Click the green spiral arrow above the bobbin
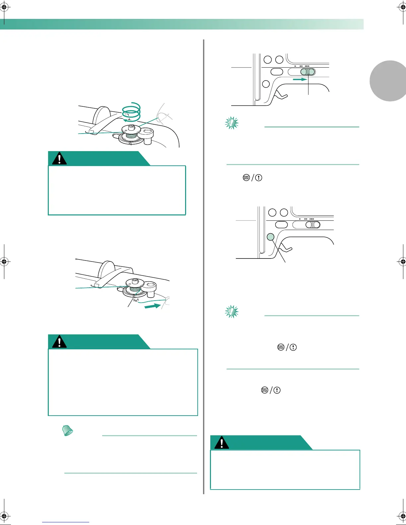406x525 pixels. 132,112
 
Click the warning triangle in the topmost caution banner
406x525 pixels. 59,159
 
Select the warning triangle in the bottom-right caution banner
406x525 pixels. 222,442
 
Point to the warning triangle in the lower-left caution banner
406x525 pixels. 59,342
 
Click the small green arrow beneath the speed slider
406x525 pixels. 300,80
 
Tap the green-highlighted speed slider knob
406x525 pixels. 308,72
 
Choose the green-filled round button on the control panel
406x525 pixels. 271,237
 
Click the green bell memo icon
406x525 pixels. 68,431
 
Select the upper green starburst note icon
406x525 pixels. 232,123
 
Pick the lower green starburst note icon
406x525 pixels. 232,312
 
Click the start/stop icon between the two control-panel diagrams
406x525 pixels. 246,178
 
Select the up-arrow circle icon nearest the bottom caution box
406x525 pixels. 277,390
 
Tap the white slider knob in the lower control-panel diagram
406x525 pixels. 313,225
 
